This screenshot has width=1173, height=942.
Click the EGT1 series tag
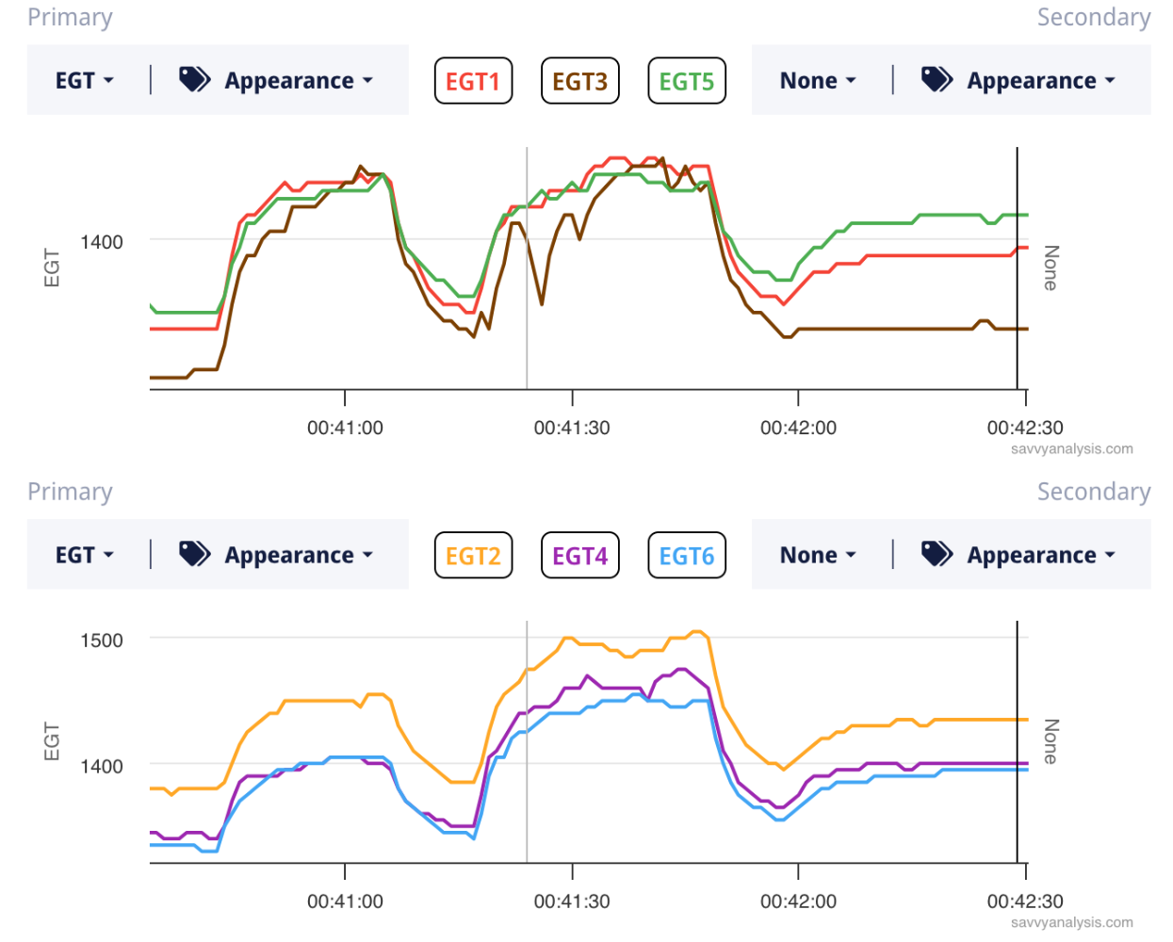473,81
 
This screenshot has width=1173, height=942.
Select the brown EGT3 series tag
579,81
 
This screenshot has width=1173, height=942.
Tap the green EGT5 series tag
687,81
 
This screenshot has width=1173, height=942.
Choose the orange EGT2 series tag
473,556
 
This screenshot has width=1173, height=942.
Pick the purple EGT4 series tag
579,556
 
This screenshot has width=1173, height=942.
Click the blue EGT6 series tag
687,556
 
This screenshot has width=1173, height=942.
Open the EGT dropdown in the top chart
84,81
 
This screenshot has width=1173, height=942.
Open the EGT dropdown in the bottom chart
84,556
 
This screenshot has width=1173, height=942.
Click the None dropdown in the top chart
817,81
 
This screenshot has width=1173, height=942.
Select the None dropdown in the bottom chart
817,556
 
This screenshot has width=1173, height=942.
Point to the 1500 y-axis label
102,641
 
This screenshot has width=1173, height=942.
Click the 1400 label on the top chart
102,242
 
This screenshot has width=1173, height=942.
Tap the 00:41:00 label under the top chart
345,428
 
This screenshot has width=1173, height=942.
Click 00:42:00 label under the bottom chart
798,901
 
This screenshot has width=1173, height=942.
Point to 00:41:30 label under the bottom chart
572,901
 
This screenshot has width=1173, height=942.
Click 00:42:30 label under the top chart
1025,428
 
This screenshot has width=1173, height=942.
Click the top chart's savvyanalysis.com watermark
1071,449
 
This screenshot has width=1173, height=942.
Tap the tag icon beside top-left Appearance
194,80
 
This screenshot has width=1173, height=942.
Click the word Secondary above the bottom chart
1093,492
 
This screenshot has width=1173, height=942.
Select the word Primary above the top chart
70,18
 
